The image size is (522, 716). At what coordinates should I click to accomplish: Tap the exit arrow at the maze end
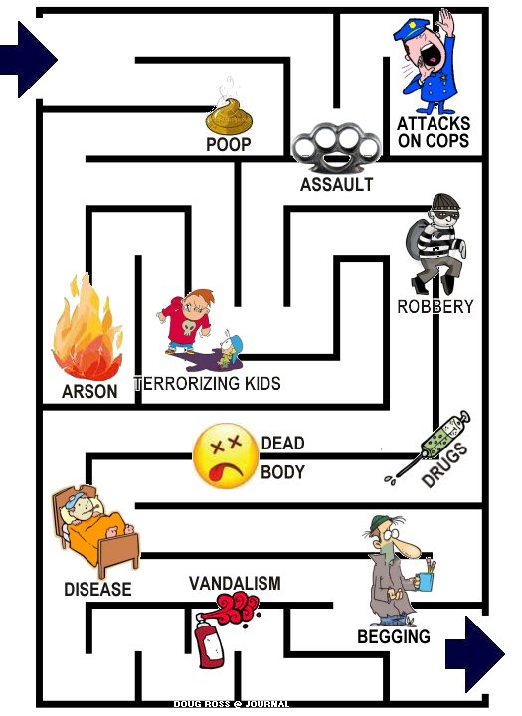click(476, 654)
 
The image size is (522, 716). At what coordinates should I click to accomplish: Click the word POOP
click(229, 144)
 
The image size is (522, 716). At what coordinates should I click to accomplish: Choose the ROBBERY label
click(435, 307)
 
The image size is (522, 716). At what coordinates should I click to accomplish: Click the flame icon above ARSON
click(87, 329)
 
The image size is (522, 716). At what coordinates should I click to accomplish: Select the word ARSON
click(89, 392)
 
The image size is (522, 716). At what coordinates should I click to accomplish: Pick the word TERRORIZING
click(187, 383)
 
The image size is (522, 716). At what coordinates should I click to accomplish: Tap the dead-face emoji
click(226, 456)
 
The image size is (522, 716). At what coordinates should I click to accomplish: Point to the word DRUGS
click(444, 464)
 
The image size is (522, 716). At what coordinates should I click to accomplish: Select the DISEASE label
click(97, 589)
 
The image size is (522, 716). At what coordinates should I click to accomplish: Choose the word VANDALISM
click(235, 583)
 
